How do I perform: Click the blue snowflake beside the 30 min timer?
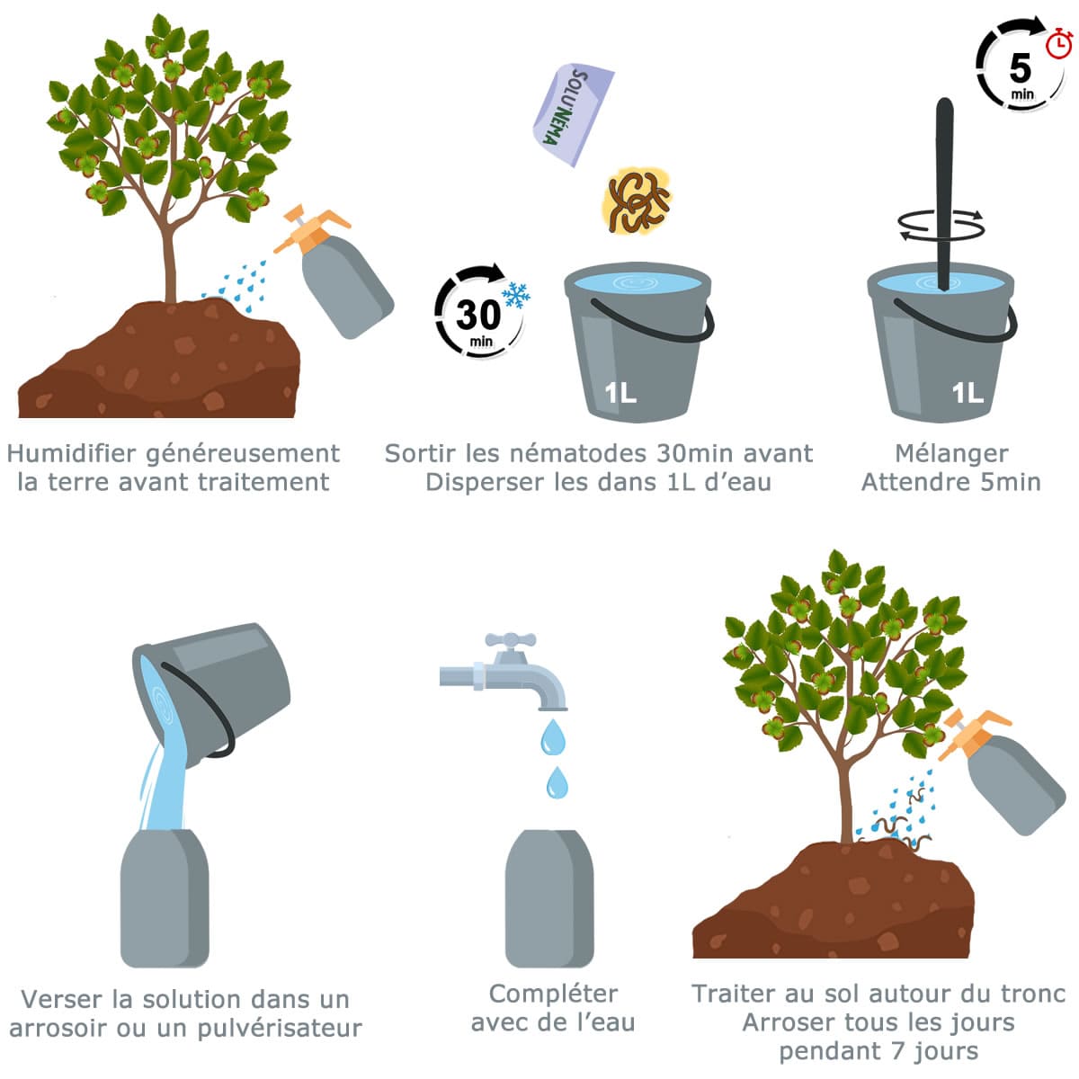click(516, 295)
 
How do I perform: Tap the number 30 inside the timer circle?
click(478, 315)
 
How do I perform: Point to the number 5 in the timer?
click(1020, 67)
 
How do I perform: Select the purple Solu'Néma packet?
click(573, 114)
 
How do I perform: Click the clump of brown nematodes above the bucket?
click(637, 200)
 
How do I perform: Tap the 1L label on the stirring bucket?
click(968, 393)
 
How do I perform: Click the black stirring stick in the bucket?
click(944, 193)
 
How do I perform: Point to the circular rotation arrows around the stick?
click(941, 225)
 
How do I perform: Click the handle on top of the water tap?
click(510, 639)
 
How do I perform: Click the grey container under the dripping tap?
click(548, 897)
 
